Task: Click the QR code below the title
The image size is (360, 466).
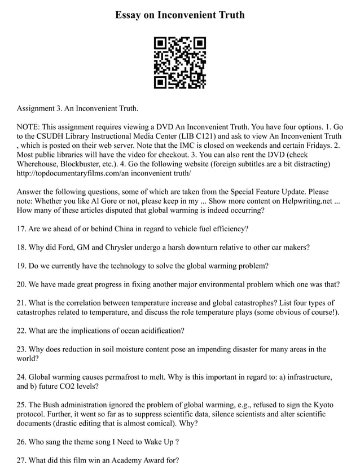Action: tap(180, 63)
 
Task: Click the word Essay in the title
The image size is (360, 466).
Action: tap(129, 15)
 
